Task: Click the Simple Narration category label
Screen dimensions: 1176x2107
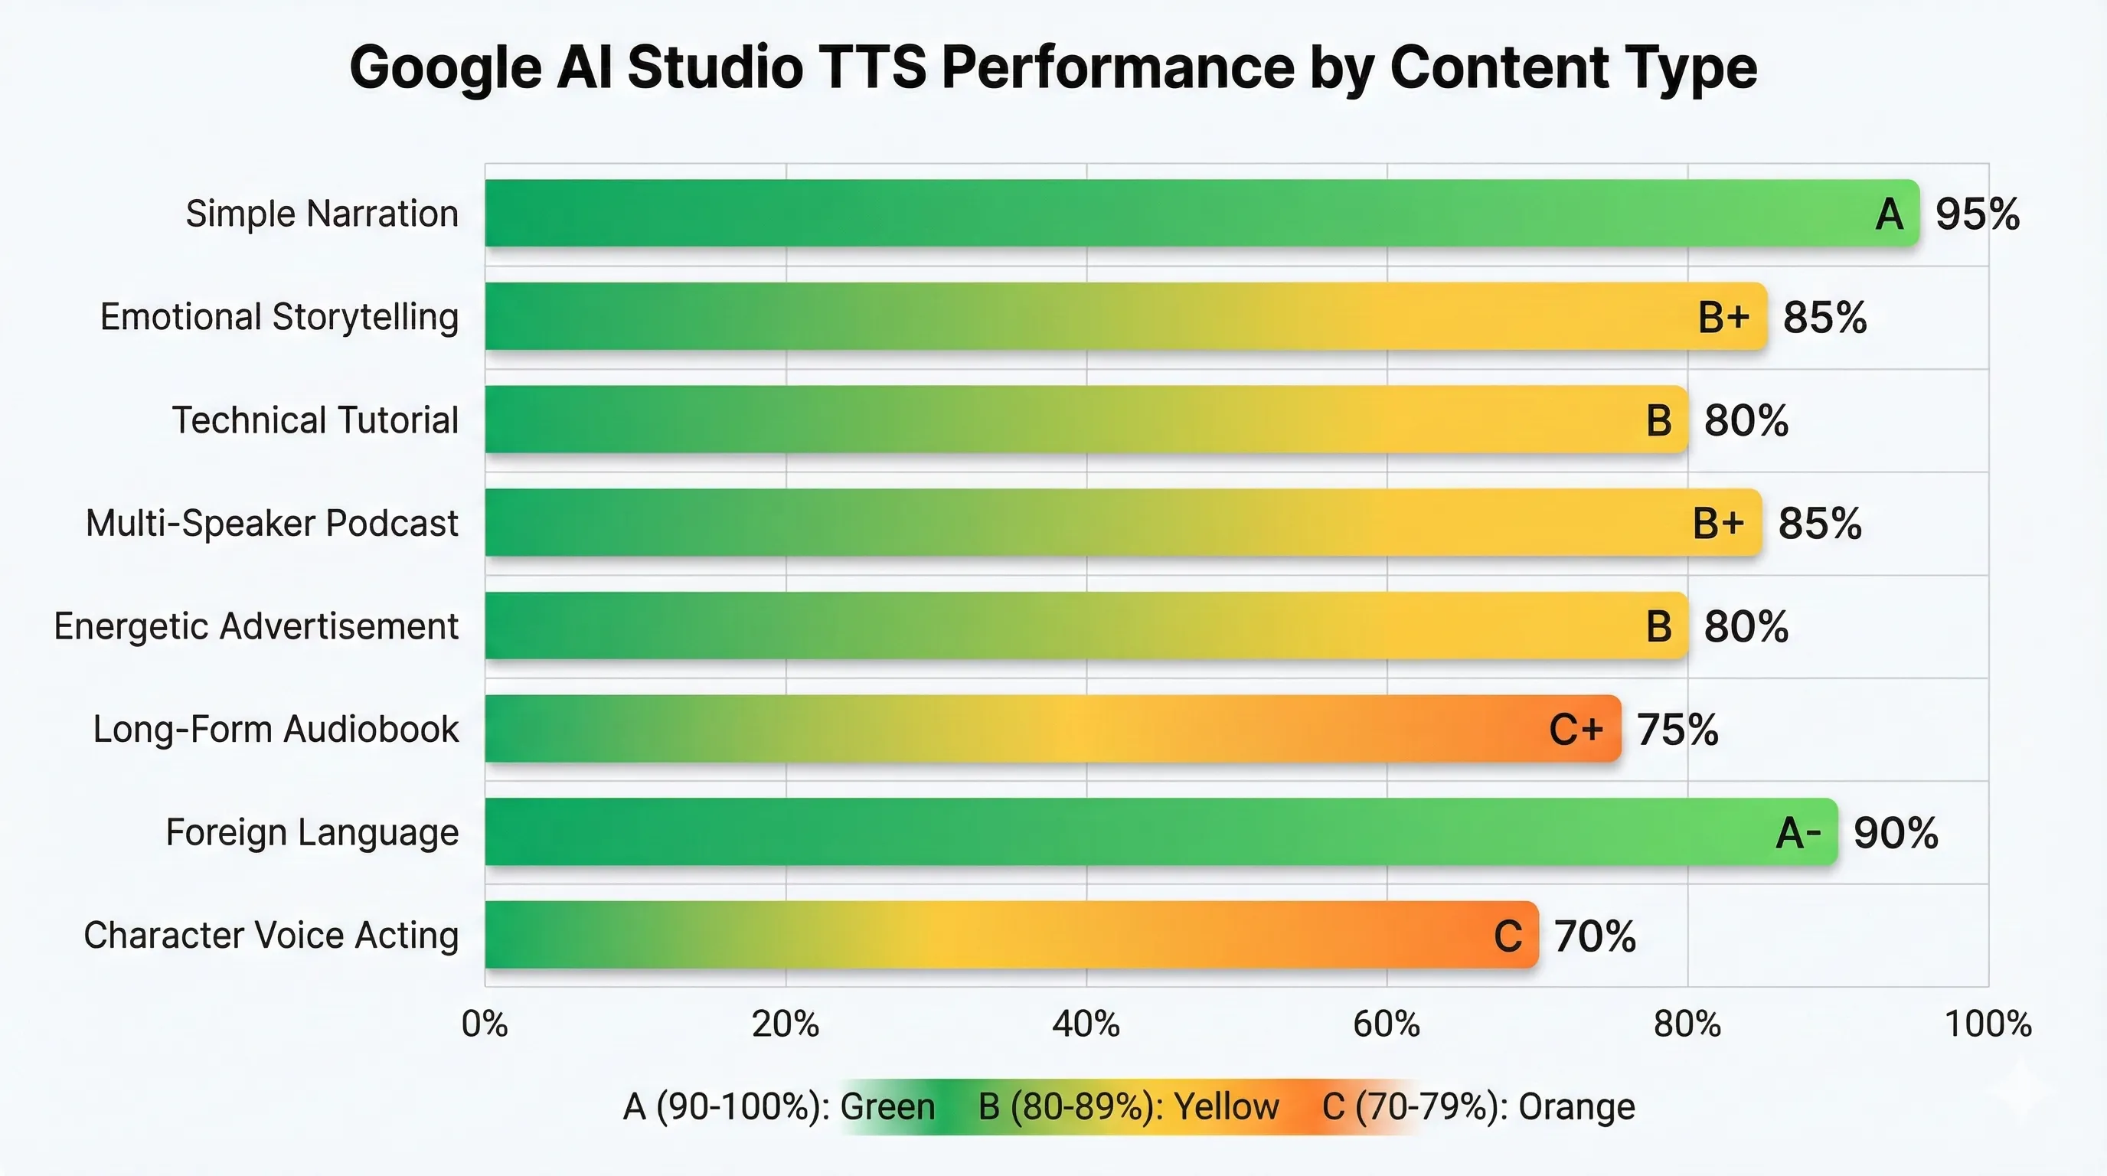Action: [322, 214]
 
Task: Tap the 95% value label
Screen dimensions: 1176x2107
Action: [1977, 214]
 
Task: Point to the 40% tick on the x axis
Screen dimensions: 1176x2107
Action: [1086, 1024]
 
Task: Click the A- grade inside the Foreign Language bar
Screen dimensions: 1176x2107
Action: [1798, 833]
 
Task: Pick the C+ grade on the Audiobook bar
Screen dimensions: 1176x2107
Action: [1576, 730]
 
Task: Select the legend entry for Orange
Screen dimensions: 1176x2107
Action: [1478, 1106]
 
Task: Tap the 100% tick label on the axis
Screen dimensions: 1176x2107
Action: [1988, 1024]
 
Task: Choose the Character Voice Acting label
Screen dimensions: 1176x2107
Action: [271, 935]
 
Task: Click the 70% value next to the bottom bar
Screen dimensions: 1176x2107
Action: [1594, 936]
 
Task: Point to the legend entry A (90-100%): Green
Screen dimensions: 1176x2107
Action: [779, 1106]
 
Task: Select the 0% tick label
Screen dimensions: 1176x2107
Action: [485, 1024]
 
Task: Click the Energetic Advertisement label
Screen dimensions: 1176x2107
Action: [256, 626]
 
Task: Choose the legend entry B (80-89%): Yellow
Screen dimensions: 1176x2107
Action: [1128, 1106]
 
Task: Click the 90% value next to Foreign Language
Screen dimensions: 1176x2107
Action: [1895, 833]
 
